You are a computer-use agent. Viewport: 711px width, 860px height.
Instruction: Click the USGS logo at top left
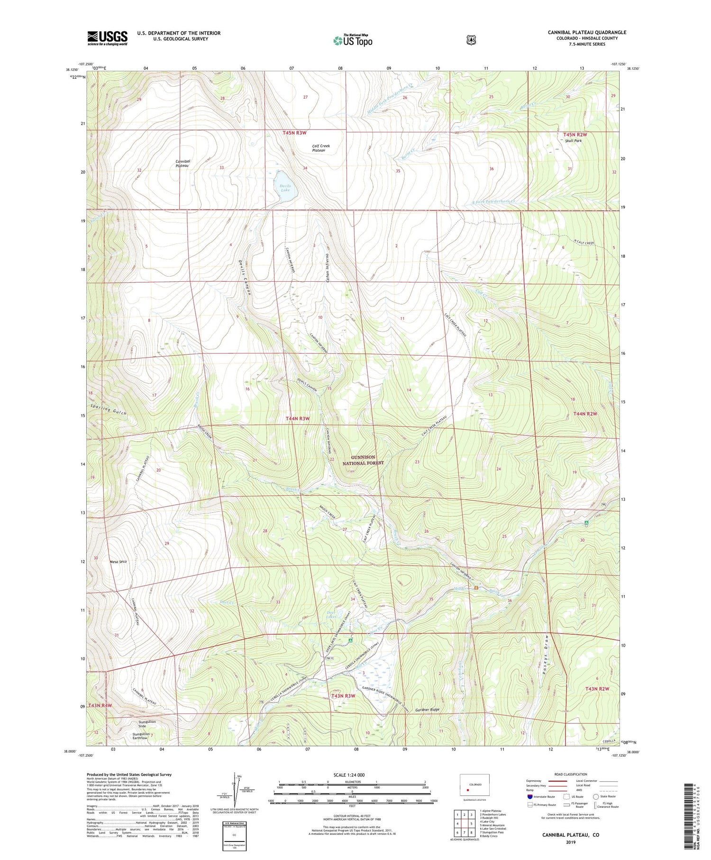click(x=107, y=38)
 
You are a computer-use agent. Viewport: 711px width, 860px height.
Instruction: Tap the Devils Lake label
click(x=285, y=188)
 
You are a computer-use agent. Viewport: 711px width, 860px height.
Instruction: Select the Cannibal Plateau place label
click(x=182, y=164)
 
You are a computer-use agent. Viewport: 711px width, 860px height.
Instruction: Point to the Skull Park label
click(x=573, y=141)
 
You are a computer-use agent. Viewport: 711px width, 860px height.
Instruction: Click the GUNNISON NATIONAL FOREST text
click(x=363, y=460)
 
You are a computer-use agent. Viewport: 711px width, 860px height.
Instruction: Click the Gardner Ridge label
click(x=427, y=710)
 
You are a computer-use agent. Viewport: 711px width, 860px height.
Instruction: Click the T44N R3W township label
click(x=298, y=418)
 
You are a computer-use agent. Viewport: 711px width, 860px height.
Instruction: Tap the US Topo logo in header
click(x=353, y=40)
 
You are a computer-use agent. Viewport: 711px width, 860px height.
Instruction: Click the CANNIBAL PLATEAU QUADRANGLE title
click(x=587, y=32)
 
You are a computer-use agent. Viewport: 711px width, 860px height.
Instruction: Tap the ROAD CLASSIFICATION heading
click(x=567, y=774)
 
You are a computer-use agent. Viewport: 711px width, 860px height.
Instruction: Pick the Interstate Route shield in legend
click(x=530, y=797)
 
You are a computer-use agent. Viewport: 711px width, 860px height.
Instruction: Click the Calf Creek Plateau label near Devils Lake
click(x=321, y=148)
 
